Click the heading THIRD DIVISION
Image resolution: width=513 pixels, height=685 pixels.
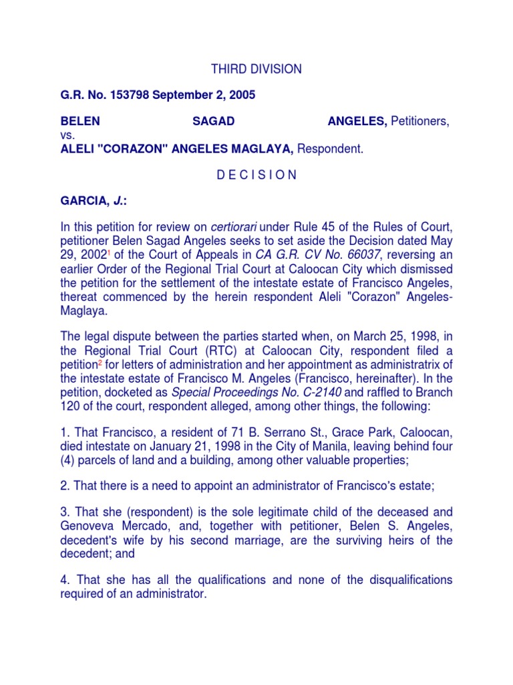[256, 70]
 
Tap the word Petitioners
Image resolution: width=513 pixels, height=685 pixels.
[419, 122]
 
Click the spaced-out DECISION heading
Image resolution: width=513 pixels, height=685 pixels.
[256, 175]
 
